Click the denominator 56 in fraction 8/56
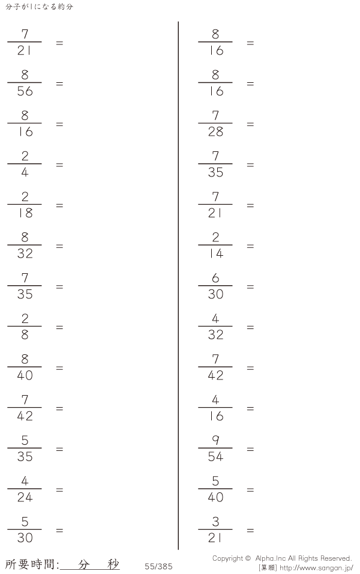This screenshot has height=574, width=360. pos(25,91)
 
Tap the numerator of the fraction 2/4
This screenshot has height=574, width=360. pos(25,156)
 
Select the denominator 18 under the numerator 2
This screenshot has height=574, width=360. pos(25,213)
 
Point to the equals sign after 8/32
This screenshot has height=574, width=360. pos(59,246)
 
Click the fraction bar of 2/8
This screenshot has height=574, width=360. pos(25,326)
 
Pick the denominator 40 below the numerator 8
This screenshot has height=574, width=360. pos(25,376)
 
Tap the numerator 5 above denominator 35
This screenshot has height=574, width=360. pos(25,440)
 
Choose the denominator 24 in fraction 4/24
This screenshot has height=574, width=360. pos(25,498)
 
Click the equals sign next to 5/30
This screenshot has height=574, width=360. pos(59,531)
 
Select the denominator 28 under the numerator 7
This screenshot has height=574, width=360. pos(215,131)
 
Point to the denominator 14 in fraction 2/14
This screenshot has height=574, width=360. pos(215,254)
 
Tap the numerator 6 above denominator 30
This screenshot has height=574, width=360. pos(215,278)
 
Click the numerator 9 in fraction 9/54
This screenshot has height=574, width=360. pos(215,440)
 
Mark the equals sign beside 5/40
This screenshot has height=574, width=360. pos(250,490)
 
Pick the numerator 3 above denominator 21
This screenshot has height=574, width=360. pos(215,522)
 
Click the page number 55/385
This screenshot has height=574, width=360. pos(158,567)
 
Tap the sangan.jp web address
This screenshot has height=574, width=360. pos(316,568)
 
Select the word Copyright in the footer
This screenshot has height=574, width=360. pos(227,558)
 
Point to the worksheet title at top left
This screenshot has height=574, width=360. pos(40,7)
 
